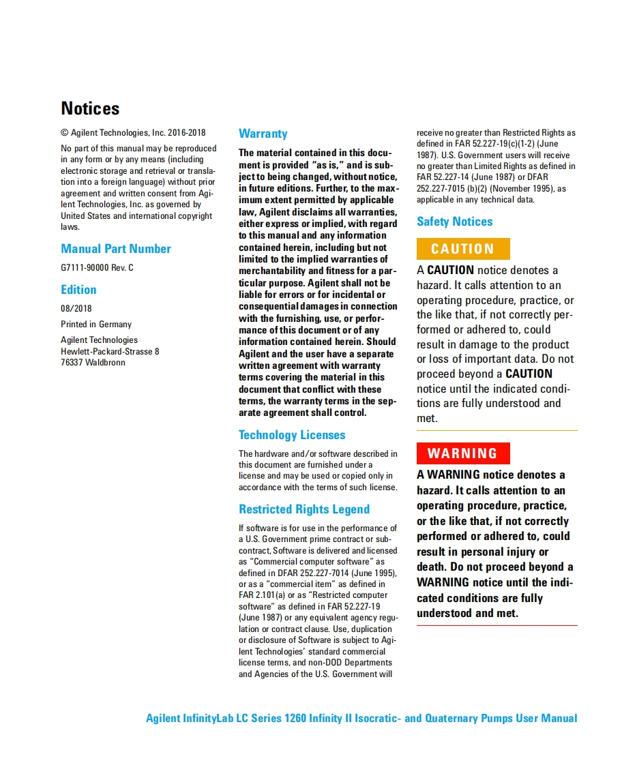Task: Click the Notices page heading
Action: (x=90, y=109)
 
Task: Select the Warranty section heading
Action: (x=263, y=134)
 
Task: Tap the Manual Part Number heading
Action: (x=116, y=249)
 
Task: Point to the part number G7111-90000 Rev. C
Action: (x=97, y=268)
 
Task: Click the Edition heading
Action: (x=78, y=290)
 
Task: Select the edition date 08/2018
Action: (x=76, y=309)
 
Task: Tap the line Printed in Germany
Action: (x=96, y=325)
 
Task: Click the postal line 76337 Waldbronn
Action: (x=93, y=363)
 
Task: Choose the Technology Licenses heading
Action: (x=292, y=435)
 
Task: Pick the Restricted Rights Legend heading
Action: (x=304, y=509)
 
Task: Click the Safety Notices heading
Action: (x=454, y=222)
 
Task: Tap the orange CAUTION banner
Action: (x=462, y=249)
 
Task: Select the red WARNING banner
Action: (x=462, y=453)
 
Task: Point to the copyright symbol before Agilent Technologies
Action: (x=64, y=133)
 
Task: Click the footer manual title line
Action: (x=361, y=718)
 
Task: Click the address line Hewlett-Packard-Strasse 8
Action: (x=110, y=352)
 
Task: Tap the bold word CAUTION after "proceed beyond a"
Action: (x=529, y=374)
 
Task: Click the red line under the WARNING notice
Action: (x=497, y=625)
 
